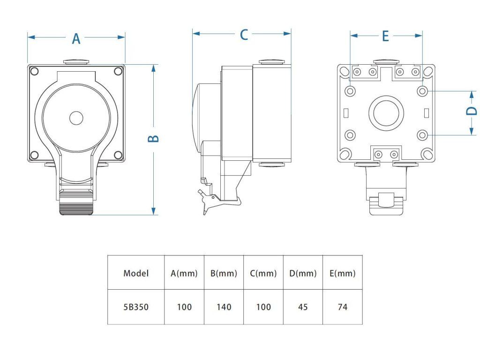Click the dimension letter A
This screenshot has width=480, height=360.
(x=76, y=39)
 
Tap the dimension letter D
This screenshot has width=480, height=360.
(x=472, y=111)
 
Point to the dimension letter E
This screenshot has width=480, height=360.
(x=385, y=36)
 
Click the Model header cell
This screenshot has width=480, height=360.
(x=136, y=273)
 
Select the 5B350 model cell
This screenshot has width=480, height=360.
(x=136, y=307)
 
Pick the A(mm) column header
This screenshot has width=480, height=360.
(x=184, y=273)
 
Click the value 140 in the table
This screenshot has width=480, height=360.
(x=224, y=307)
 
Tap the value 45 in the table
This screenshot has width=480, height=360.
(x=303, y=307)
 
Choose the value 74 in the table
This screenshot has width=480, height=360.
(x=343, y=307)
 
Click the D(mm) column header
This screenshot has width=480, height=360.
(x=303, y=273)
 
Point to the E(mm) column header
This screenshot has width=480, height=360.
(x=343, y=273)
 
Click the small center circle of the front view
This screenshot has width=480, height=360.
(x=76, y=118)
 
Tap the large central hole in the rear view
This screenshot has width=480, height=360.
(x=386, y=113)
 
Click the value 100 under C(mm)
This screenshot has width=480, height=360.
(x=263, y=307)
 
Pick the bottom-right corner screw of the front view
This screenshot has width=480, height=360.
(x=117, y=155)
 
